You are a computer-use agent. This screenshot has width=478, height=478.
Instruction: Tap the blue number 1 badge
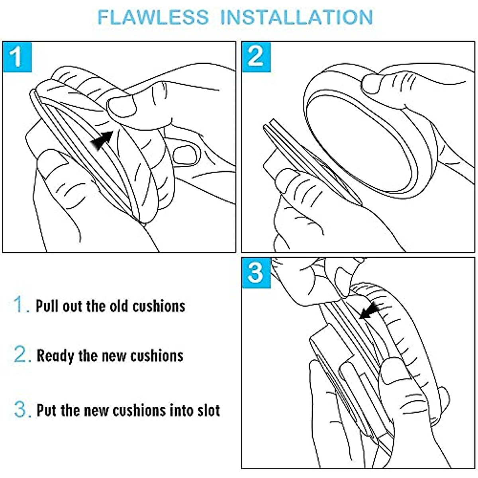coord(18,57)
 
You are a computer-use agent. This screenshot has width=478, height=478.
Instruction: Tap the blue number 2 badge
coord(256,57)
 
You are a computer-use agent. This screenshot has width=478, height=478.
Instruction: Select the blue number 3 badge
coord(256,273)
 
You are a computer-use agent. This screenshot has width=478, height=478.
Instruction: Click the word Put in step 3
coord(47,411)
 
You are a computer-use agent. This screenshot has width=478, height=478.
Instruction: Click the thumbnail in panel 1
coord(122,107)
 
